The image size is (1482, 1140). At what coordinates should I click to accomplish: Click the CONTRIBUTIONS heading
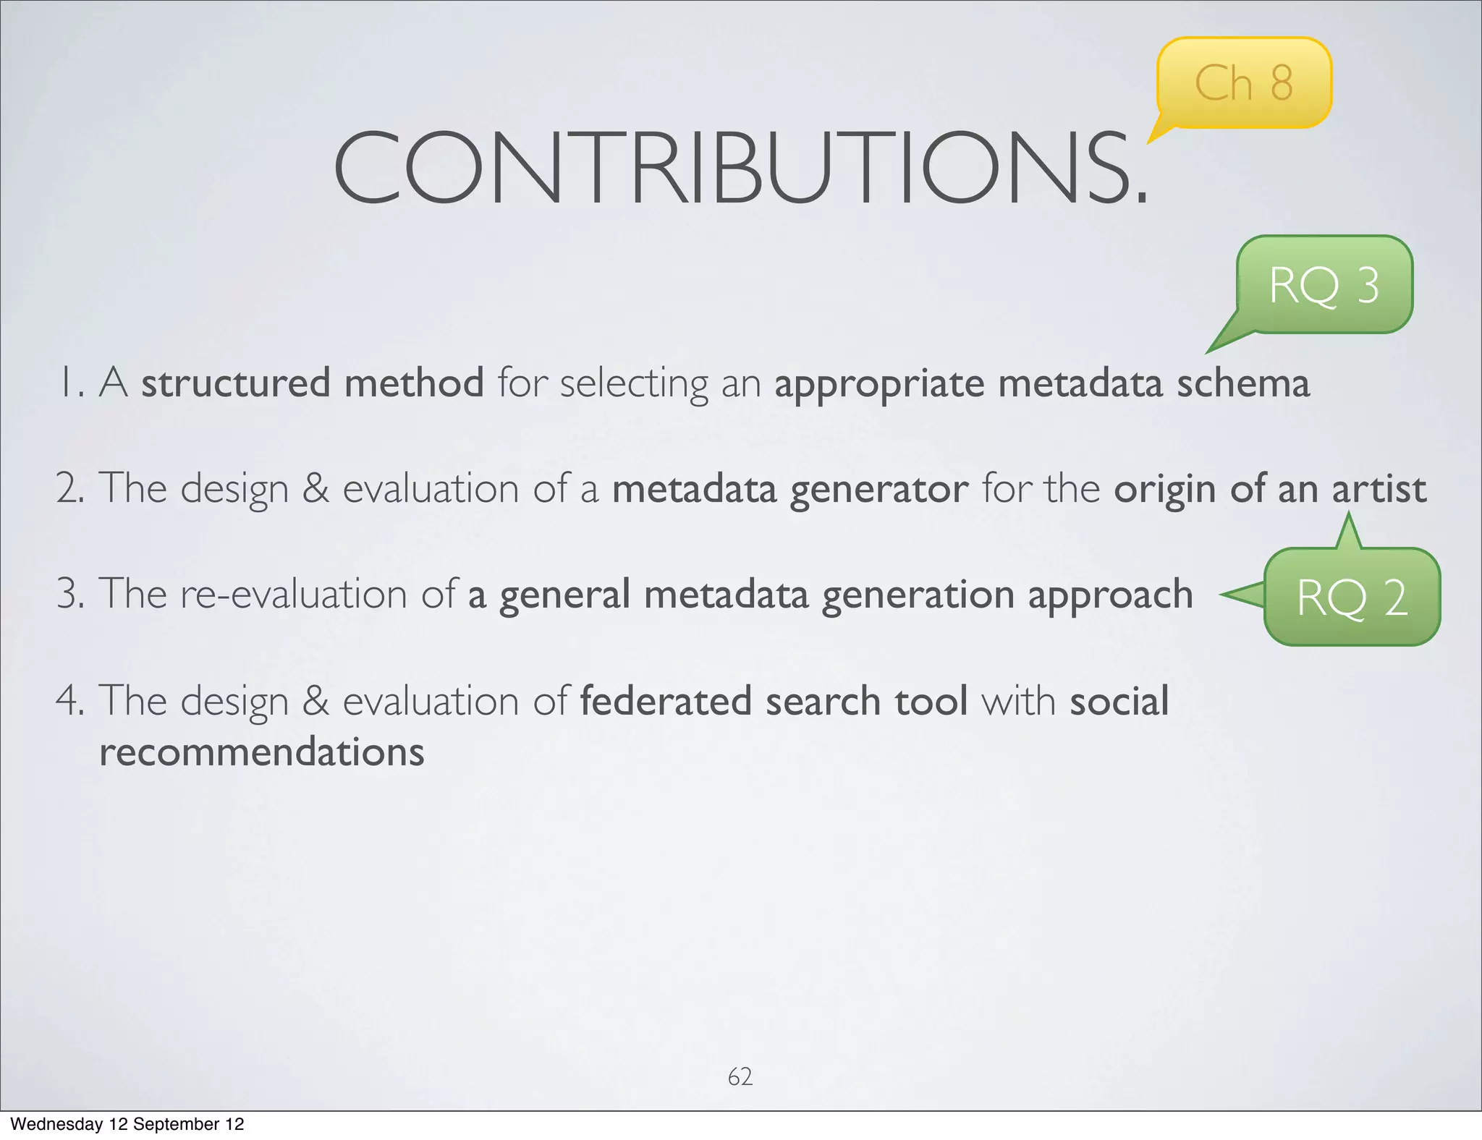click(x=740, y=168)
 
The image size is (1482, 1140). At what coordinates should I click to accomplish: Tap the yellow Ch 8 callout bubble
click(x=1243, y=82)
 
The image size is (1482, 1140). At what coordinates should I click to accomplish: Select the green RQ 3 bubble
click(x=1324, y=285)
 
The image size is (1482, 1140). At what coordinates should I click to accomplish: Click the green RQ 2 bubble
click(x=1352, y=597)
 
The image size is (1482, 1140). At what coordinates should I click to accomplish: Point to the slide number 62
click(x=740, y=1076)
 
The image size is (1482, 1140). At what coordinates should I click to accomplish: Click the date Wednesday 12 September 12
click(x=127, y=1124)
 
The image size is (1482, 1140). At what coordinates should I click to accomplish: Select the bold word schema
click(x=1242, y=383)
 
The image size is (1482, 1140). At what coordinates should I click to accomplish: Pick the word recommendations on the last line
click(x=261, y=752)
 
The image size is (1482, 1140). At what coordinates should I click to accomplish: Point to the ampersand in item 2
click(x=316, y=488)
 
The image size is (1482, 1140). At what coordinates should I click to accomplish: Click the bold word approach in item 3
click(x=1110, y=595)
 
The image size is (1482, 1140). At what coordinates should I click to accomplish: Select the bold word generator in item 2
click(x=878, y=490)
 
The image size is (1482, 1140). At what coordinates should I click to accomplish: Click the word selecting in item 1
click(x=634, y=383)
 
